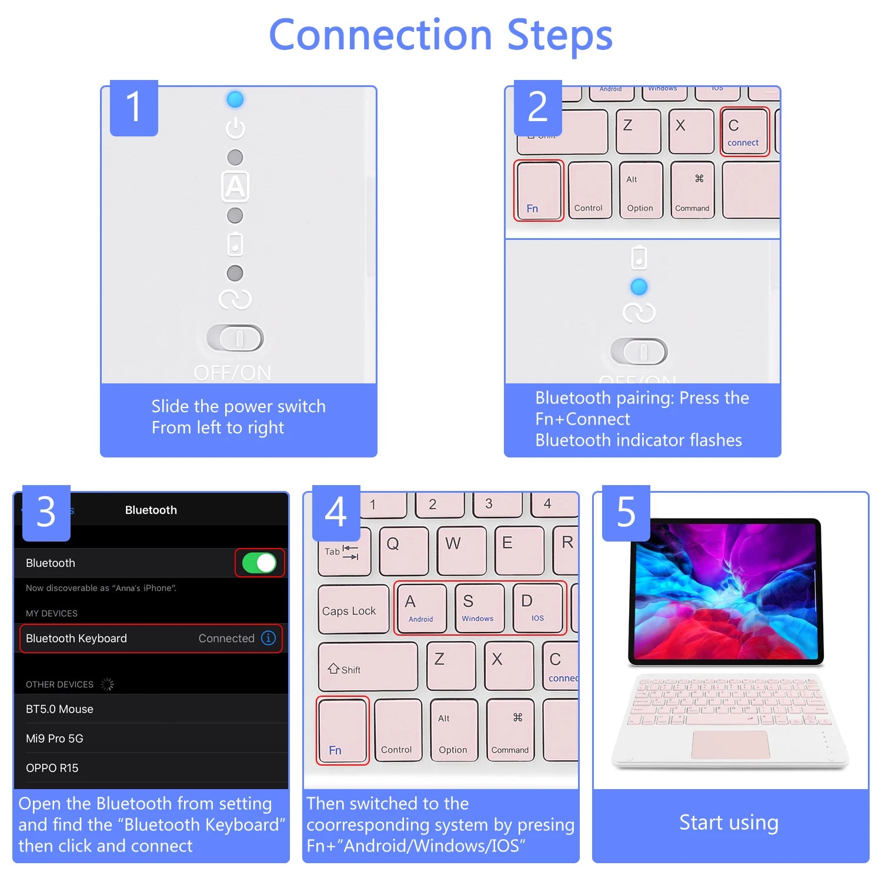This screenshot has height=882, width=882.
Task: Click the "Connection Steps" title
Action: tap(440, 35)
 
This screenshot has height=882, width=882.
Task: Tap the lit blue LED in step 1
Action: tap(235, 99)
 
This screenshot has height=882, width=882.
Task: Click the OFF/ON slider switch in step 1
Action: tap(235, 338)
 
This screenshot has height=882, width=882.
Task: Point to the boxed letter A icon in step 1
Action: tap(235, 186)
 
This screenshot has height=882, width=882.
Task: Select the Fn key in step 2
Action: tap(539, 191)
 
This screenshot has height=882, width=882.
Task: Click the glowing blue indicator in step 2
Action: tap(639, 286)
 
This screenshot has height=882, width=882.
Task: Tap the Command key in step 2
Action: tap(692, 191)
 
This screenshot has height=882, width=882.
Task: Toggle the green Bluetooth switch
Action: tap(259, 563)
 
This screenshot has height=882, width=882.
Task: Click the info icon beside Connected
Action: tap(268, 638)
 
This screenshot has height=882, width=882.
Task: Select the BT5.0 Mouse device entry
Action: tap(59, 709)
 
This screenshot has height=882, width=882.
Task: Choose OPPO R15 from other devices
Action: tap(52, 768)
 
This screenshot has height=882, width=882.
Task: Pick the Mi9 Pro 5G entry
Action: tap(55, 739)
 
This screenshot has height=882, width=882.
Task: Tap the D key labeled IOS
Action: tap(537, 608)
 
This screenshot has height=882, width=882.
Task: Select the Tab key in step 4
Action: tap(344, 552)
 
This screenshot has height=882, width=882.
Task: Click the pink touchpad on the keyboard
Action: tap(730, 744)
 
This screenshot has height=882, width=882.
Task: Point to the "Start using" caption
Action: tap(729, 822)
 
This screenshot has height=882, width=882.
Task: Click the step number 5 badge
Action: tap(626, 512)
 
